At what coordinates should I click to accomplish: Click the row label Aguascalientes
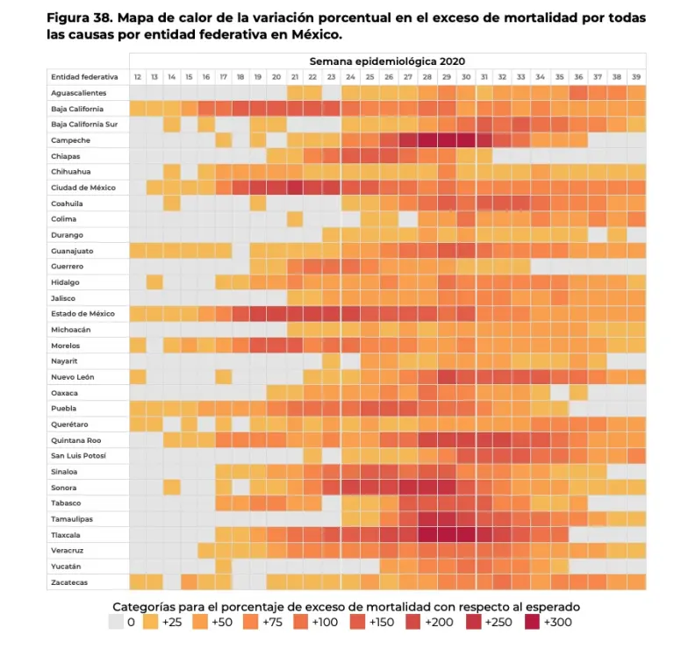[x=79, y=93]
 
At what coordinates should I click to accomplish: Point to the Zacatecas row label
[x=69, y=582]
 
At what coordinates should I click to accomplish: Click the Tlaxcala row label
[x=66, y=535]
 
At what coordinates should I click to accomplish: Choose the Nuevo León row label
[x=72, y=377]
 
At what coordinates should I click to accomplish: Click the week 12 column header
[x=138, y=77]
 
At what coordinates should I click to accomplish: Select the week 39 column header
[x=636, y=77]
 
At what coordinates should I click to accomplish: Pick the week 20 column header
[x=276, y=77]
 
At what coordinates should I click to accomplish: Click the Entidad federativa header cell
[x=84, y=77]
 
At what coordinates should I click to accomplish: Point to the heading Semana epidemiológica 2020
[x=387, y=61]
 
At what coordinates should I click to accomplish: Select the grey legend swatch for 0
[x=116, y=623]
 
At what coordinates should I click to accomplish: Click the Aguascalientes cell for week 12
[x=138, y=93]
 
